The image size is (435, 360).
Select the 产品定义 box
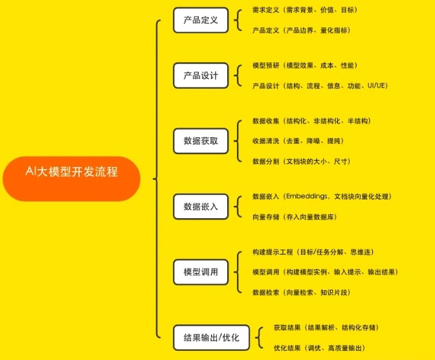pyautogui.click(x=201, y=20)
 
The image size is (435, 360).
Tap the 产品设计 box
pyautogui.click(x=201, y=76)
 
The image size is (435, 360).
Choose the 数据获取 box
pyautogui.click(x=201, y=141)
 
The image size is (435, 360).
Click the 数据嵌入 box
pyautogui.click(x=201, y=207)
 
